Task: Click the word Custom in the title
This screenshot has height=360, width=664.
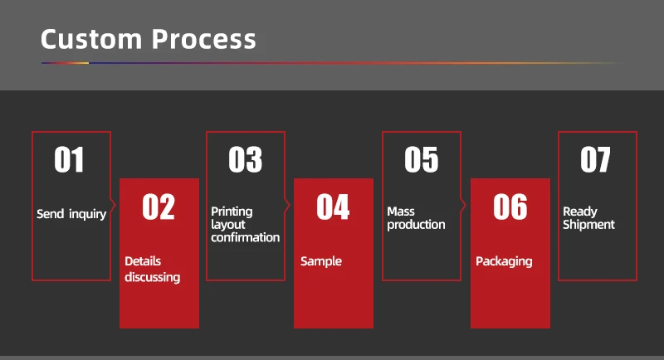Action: (x=91, y=39)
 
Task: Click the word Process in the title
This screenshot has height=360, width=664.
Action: (x=203, y=39)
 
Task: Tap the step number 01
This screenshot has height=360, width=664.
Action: (x=69, y=159)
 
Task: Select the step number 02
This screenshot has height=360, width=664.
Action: (x=159, y=207)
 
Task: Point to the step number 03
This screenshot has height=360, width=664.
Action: (x=245, y=159)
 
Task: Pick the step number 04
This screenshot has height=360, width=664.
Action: (x=333, y=207)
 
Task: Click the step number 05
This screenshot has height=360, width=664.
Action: (x=421, y=159)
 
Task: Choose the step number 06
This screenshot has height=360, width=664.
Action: (x=510, y=207)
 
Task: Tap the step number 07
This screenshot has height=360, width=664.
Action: (x=595, y=159)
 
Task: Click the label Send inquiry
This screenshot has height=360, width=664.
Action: (x=71, y=214)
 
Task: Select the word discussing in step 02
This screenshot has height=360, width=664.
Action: (x=153, y=278)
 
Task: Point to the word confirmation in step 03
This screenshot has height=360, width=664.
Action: (x=246, y=237)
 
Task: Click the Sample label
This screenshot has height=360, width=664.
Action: (x=321, y=261)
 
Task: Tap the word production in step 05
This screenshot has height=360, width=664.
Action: (x=416, y=225)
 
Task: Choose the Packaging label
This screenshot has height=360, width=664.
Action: (x=504, y=261)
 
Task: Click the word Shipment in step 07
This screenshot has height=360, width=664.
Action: (x=588, y=224)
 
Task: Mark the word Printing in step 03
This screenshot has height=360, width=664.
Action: (x=232, y=212)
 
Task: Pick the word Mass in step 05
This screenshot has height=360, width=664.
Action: (x=401, y=212)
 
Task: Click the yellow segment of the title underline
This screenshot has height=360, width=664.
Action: (x=77, y=63)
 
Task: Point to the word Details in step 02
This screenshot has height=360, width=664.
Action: (x=143, y=261)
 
